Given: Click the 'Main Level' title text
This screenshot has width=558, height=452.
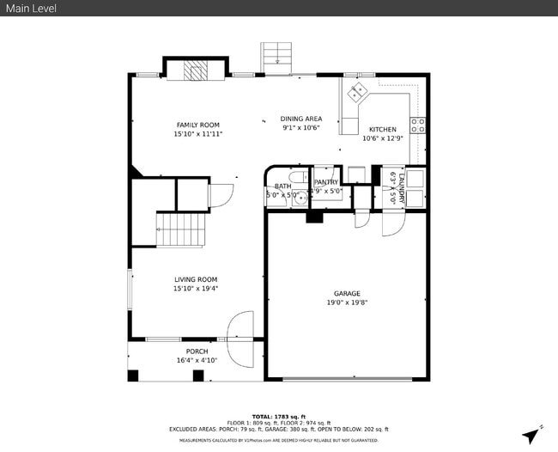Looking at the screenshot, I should [x=27, y=8].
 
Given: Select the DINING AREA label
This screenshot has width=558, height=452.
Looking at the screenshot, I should [x=300, y=119].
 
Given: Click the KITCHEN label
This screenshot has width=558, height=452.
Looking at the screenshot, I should [x=382, y=129].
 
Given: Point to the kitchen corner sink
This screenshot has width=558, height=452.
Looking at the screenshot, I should [x=356, y=92].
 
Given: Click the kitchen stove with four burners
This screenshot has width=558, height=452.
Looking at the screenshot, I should [x=418, y=125].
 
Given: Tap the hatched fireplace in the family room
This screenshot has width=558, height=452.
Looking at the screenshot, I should [x=197, y=70].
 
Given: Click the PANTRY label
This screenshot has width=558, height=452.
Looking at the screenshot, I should [x=325, y=182].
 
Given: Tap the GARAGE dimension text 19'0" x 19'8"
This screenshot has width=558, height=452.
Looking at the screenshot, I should [x=347, y=302].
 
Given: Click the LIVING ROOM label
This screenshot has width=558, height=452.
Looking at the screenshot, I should [x=196, y=279].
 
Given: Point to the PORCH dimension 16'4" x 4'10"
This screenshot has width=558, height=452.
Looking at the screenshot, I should [x=197, y=361].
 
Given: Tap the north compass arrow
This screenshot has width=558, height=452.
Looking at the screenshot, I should [x=540, y=430].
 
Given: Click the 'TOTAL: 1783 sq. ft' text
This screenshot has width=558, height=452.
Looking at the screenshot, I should [x=278, y=416].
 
